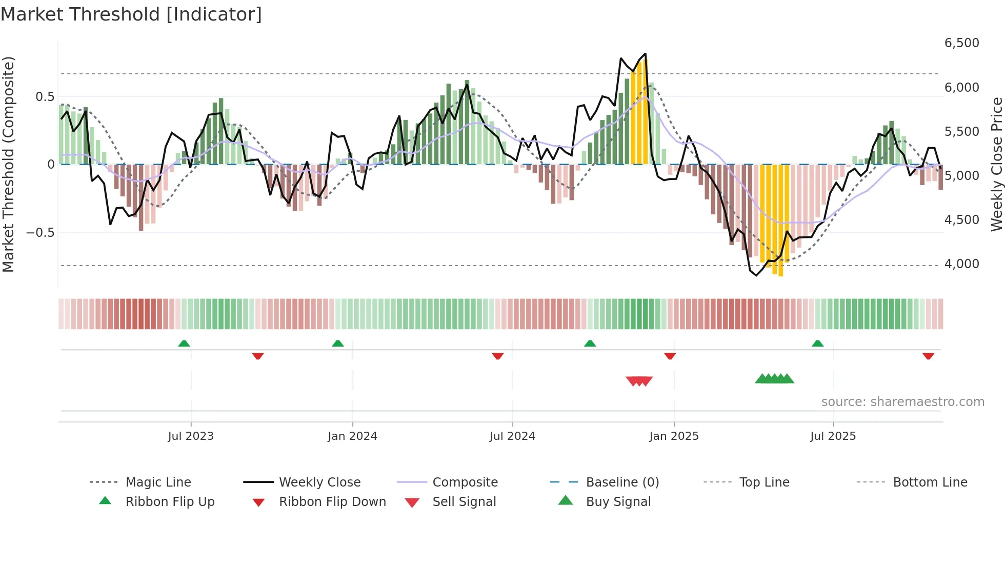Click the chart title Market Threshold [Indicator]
click(x=131, y=14)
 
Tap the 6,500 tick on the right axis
click(x=961, y=43)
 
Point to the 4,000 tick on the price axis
click(x=961, y=264)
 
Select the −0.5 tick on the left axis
click(x=40, y=233)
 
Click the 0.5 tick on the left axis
click(x=45, y=97)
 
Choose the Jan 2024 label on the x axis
click(x=352, y=436)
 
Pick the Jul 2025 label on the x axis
click(x=833, y=436)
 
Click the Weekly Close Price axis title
click(x=996, y=164)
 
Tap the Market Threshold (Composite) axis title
click(x=8, y=164)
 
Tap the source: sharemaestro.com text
click(x=902, y=402)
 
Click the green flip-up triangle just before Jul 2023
click(x=184, y=344)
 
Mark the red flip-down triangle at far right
click(x=928, y=356)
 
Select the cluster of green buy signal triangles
click(x=774, y=379)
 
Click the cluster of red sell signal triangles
click(x=639, y=381)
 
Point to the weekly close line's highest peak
click(x=645, y=54)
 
